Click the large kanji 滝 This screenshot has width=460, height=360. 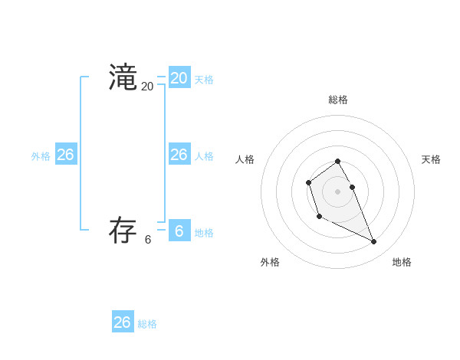[x=123, y=77]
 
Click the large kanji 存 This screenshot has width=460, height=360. [x=123, y=230]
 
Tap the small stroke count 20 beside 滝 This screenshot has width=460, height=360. [x=147, y=87]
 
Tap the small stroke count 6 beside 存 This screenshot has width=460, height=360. [x=148, y=239]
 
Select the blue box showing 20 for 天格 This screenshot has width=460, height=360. [x=179, y=78]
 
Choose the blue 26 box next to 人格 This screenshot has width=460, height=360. [x=179, y=154]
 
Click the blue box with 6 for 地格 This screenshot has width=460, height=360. [x=179, y=231]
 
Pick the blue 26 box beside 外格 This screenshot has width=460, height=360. [x=65, y=154]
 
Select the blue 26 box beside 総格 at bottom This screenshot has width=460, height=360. [x=123, y=322]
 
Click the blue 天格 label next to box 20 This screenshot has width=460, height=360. [x=204, y=80]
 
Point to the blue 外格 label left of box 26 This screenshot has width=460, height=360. [x=41, y=156]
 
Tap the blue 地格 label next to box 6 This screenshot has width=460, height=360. [x=204, y=233]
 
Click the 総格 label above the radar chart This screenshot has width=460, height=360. [x=338, y=100]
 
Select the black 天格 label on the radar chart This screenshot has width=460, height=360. [x=431, y=159]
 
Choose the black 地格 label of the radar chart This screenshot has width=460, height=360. [x=402, y=262]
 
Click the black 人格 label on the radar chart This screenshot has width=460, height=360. [x=245, y=159]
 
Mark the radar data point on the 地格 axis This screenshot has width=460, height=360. [x=374, y=242]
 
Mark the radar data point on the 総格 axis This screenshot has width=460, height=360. [x=337, y=161]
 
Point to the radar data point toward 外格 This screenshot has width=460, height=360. [x=319, y=217]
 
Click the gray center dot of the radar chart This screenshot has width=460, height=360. [x=337, y=191]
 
